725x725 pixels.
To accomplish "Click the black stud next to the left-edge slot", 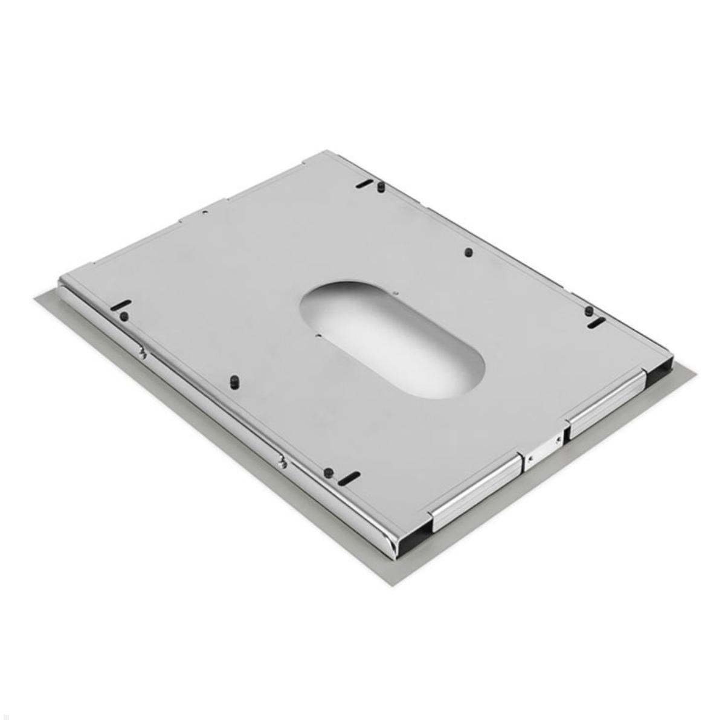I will [124, 317].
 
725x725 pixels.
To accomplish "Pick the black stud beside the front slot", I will [327, 472].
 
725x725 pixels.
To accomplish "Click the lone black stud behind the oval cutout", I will [468, 252].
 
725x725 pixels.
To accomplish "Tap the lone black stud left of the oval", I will [234, 382].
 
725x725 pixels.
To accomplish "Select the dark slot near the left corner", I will [121, 305].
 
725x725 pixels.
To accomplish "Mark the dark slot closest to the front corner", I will [349, 477].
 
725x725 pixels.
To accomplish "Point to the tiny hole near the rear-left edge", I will [205, 213].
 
